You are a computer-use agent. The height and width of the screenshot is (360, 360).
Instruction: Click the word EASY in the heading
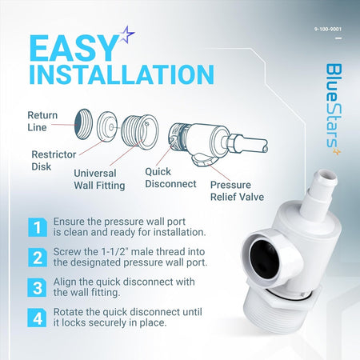click(x=74, y=49)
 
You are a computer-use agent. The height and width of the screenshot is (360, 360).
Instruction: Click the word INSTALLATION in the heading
click(x=122, y=74)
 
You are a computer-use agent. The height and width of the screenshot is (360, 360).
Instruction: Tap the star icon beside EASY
click(x=127, y=34)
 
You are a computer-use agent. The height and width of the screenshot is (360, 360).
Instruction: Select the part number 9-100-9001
click(x=328, y=29)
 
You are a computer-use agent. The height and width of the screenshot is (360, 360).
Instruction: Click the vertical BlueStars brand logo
click(x=334, y=109)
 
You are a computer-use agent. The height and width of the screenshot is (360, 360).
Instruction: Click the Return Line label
click(x=42, y=122)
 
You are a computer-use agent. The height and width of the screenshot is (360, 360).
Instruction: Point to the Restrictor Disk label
click(x=54, y=161)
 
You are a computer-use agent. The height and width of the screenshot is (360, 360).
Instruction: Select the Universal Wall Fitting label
click(x=99, y=179)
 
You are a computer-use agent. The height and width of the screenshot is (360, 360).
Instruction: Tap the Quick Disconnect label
click(x=170, y=178)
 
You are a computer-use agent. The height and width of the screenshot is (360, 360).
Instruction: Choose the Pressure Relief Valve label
click(x=237, y=191)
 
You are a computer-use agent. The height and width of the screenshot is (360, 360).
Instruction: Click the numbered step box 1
click(x=38, y=227)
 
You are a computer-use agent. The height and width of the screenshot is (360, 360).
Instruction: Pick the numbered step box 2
click(x=38, y=258)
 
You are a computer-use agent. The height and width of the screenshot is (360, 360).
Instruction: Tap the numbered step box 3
click(x=37, y=288)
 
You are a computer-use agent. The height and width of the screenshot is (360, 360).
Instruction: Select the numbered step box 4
click(x=37, y=318)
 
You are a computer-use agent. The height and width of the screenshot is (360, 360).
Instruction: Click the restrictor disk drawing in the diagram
click(x=107, y=126)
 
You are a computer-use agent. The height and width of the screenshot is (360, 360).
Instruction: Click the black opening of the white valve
click(x=265, y=255)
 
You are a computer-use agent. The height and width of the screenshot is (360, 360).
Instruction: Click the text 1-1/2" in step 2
click(x=114, y=251)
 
